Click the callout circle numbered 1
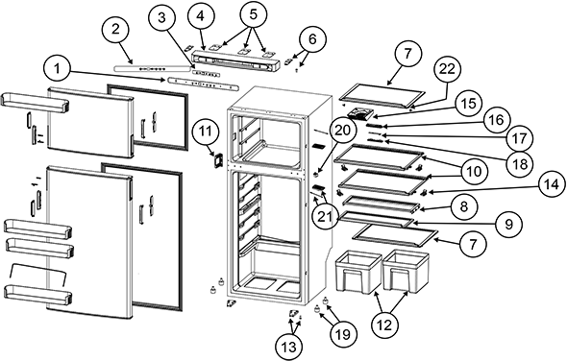(57, 69)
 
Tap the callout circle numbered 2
(115, 29)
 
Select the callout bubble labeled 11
(206, 132)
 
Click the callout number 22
(447, 69)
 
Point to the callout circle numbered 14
(553, 184)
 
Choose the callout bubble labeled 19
(343, 334)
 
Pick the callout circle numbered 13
(289, 347)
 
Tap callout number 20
(343, 131)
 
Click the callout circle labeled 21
(326, 216)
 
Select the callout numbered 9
(508, 225)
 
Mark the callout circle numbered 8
(464, 206)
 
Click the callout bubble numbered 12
(384, 325)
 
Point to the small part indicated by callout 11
(217, 159)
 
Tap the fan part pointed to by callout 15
(360, 114)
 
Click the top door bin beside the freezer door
(35, 100)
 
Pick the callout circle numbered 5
(253, 14)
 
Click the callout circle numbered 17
(519, 138)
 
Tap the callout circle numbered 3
(161, 18)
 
